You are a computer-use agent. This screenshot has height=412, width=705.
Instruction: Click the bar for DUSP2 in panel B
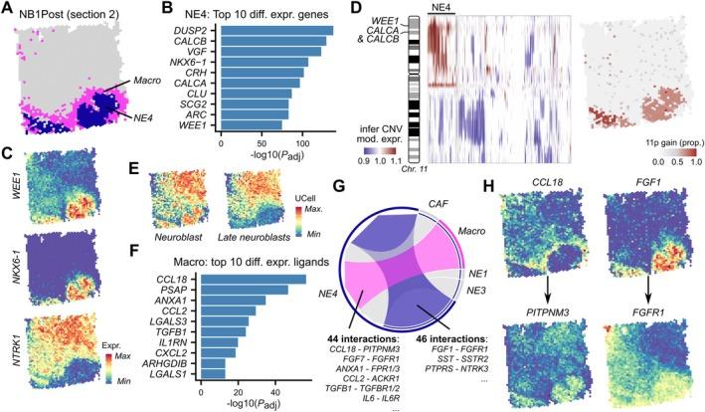coord(276,30)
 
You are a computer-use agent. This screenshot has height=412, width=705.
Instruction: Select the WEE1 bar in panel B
coord(247,124)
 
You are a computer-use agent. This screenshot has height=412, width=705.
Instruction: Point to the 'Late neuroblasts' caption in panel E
coord(254,214)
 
